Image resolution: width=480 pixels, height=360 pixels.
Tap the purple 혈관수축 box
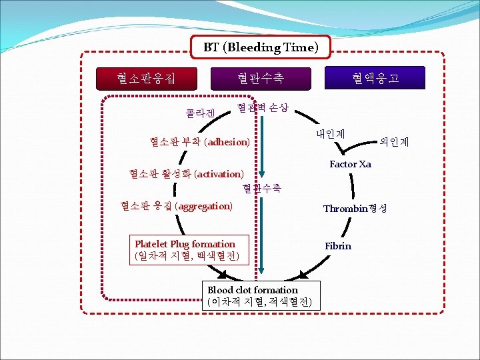click(x=260, y=78)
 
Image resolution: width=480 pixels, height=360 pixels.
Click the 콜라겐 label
click(x=201, y=113)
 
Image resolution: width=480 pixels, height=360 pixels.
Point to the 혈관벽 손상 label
click(x=263, y=107)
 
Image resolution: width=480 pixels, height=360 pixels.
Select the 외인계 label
click(x=394, y=141)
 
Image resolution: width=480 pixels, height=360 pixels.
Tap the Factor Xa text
click(x=350, y=164)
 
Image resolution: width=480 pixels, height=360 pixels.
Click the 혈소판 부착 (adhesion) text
click(x=200, y=142)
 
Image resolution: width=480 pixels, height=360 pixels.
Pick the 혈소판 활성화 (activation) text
click(x=186, y=174)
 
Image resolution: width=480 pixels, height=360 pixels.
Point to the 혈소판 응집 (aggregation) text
click(x=177, y=206)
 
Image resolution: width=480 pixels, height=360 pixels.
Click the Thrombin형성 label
click(x=355, y=209)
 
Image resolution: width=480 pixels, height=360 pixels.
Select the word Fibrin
click(x=338, y=246)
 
